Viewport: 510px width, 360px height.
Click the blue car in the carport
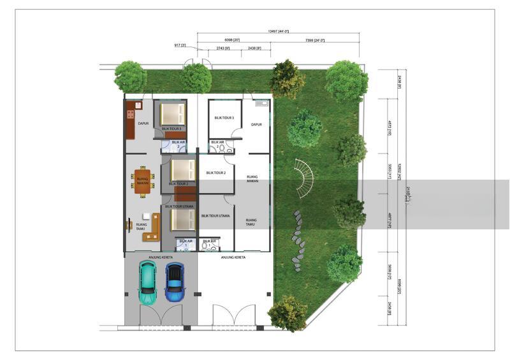coord(174,282)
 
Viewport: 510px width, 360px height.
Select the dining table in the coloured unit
coord(142,180)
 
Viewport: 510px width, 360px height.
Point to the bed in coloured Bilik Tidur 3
coord(172,115)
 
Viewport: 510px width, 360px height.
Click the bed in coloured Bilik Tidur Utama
coord(182,220)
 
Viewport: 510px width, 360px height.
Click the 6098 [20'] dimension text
coord(232,40)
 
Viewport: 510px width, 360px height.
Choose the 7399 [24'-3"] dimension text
coord(314,40)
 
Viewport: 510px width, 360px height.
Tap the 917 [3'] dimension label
coord(180,45)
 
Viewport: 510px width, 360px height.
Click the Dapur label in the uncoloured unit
coord(257,125)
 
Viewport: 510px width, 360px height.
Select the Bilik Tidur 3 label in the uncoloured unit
coord(224,118)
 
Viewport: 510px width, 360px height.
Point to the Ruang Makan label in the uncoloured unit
coord(252,179)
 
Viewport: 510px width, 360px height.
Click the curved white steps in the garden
coord(304,178)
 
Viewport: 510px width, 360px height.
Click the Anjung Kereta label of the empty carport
coord(233,257)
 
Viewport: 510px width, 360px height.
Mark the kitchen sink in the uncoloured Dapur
coord(261,103)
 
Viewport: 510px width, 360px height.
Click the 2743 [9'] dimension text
coord(223,48)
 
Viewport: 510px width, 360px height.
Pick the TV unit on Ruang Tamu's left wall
coord(129,224)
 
